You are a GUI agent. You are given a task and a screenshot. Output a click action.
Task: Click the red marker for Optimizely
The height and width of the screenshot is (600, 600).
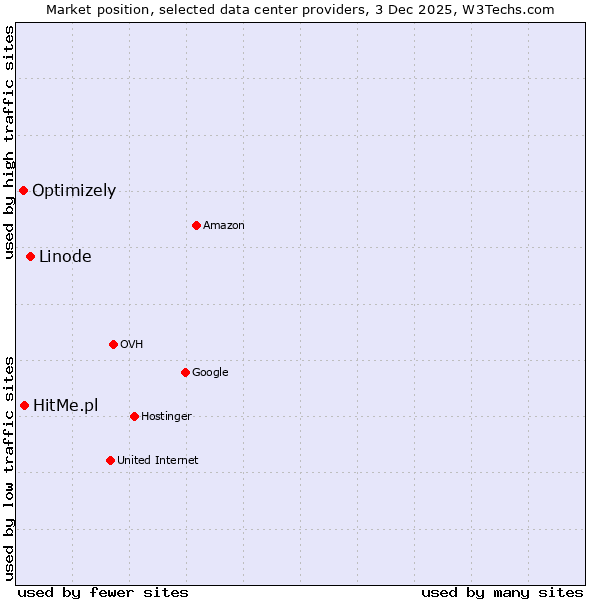pos(23,190)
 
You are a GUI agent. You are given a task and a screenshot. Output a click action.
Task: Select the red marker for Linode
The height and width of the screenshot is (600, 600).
pos(30,256)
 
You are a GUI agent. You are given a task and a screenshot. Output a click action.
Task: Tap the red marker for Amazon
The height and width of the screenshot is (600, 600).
pos(196,225)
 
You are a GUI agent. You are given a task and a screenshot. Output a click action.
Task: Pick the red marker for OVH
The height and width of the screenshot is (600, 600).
pos(113,344)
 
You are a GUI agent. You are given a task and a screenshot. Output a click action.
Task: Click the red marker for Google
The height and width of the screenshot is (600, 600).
pos(185,372)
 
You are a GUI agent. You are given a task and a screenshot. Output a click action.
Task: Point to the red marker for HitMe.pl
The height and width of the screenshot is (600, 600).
pos(24,405)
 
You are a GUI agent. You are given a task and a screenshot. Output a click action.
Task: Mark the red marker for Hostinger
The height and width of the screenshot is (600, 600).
pos(134,416)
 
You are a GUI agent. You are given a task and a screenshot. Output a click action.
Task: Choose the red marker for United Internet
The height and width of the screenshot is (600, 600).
pos(110,460)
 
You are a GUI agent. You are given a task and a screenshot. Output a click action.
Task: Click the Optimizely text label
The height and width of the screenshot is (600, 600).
pos(74,190)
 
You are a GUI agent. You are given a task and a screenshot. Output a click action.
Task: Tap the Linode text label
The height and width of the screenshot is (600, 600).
pos(65,256)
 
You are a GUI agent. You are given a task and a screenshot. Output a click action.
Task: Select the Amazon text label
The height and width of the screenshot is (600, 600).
pos(223,225)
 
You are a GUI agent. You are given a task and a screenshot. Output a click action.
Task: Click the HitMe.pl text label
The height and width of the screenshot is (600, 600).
pos(66,405)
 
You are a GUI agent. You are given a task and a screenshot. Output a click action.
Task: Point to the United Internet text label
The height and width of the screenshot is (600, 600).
pos(157,460)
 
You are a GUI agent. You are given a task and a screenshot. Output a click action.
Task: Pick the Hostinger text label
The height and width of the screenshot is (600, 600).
pos(166,416)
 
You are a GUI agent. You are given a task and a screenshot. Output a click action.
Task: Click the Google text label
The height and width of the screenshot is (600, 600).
pos(210,372)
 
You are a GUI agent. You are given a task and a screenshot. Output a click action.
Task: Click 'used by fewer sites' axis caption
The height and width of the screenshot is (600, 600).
pos(103,592)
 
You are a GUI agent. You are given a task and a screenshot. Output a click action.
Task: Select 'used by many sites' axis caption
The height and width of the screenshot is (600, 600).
pos(502,592)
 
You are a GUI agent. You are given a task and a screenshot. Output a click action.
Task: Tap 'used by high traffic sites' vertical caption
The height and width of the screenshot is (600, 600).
pos(9,143)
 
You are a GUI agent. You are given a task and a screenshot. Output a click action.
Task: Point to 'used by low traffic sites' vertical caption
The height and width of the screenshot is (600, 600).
pos(9,467)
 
